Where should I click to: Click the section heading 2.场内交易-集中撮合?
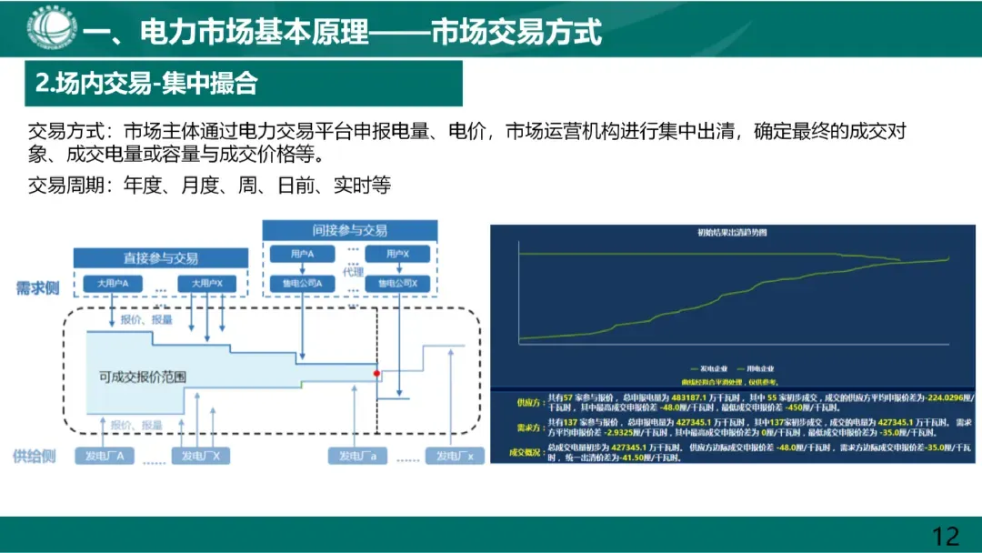click(146, 85)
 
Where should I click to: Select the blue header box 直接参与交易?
click(161, 258)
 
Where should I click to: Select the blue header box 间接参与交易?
click(350, 231)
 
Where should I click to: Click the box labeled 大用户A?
click(113, 284)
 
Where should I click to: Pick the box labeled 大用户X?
click(206, 284)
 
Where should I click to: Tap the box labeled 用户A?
click(302, 256)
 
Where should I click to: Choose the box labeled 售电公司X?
click(396, 284)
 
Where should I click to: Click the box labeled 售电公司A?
click(302, 284)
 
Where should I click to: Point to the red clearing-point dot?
click(376, 373)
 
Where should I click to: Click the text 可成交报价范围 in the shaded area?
click(143, 376)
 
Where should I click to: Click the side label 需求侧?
click(36, 288)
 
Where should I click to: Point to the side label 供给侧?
click(36, 456)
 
